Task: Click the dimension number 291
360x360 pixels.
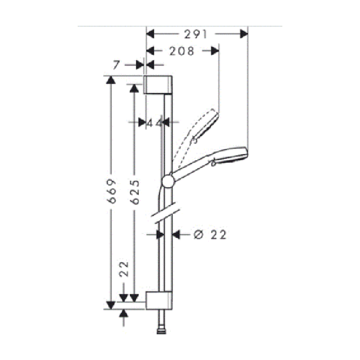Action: (195, 34)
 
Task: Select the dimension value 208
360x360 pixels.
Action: (182, 51)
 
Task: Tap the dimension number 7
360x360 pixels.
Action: (116, 65)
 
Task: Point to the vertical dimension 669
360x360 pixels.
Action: (112, 191)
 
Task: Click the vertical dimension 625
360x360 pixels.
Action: (135, 192)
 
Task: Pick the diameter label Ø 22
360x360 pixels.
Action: (210, 235)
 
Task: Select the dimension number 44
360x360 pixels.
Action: (154, 123)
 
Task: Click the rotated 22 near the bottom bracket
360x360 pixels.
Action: (124, 269)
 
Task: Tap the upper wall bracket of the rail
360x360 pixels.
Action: (158, 84)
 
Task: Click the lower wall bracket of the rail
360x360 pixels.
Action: (159, 300)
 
